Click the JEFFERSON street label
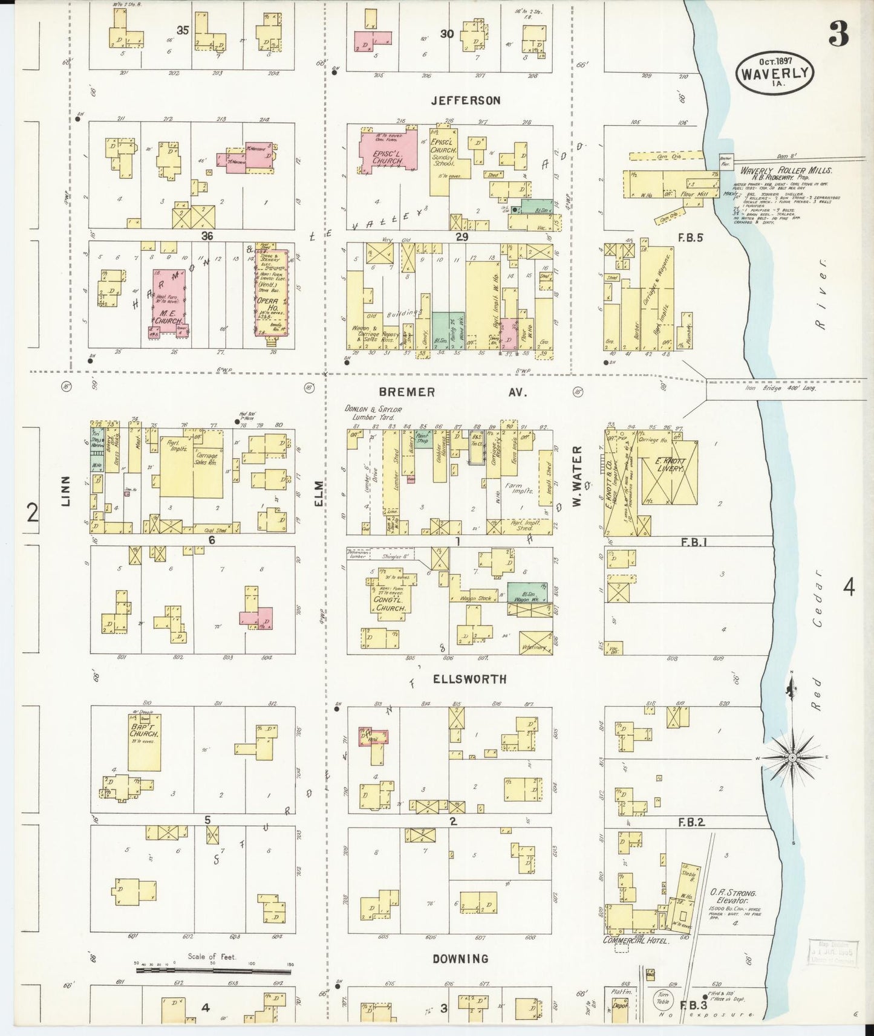pyautogui.click(x=465, y=100)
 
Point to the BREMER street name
pyautogui.click(x=407, y=392)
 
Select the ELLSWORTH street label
pyautogui.click(x=469, y=679)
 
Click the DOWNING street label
pyautogui.click(x=460, y=959)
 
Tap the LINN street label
pyautogui.click(x=65, y=490)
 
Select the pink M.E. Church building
pyautogui.click(x=169, y=302)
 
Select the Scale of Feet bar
pyautogui.click(x=213, y=971)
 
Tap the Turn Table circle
pyautogui.click(x=662, y=997)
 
